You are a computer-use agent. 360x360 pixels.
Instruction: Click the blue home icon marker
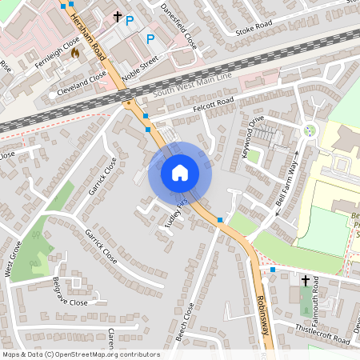click(x=180, y=173)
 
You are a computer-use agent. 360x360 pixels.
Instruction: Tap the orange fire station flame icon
click(x=75, y=54)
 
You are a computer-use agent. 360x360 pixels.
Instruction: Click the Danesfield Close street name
click(x=178, y=24)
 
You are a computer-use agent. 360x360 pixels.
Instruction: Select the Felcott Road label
click(x=214, y=105)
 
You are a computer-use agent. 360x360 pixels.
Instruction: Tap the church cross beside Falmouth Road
click(x=305, y=281)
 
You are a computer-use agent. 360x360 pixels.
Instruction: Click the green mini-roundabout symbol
click(x=310, y=130)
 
